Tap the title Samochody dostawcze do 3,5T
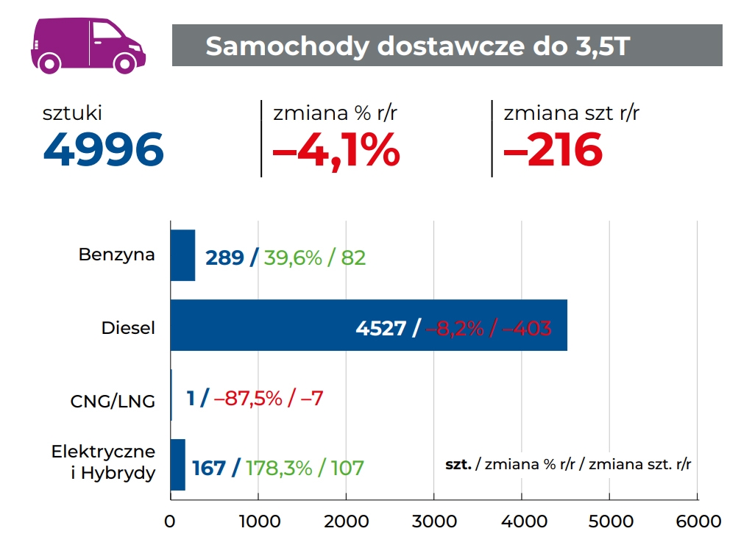[x=417, y=46]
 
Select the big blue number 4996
[x=103, y=150]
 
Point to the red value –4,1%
[x=336, y=150]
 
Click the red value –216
[x=553, y=150]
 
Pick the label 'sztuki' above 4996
[x=72, y=113]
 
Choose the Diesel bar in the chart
[x=368, y=325]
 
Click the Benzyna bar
[x=182, y=255]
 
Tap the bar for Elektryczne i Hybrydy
[x=177, y=465]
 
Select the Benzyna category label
[x=117, y=255]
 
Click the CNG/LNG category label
[x=113, y=402]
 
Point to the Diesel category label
[x=129, y=328]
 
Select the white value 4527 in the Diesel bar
[x=381, y=328]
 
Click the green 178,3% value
[x=279, y=468]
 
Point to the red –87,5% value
[x=248, y=399]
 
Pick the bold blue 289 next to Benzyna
[x=224, y=258]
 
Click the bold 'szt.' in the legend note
[x=458, y=465]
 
